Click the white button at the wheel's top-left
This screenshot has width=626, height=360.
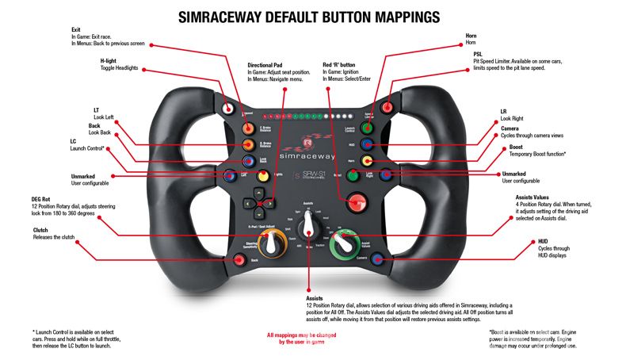point(230,108)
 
